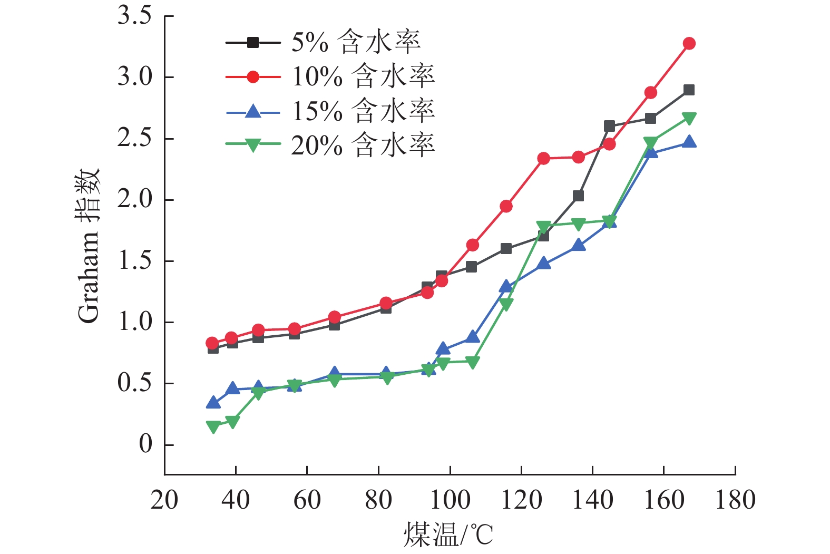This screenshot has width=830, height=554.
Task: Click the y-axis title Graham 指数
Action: click(88, 246)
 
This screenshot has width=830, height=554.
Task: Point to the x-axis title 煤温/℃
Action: click(448, 535)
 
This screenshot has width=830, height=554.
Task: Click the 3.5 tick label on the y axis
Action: click(134, 16)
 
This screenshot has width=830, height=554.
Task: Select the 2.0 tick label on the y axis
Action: click(134, 200)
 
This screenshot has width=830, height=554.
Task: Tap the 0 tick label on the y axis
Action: click(145, 444)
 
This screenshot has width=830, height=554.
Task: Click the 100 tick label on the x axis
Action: click(450, 500)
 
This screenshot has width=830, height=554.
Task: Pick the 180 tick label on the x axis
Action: click(735, 500)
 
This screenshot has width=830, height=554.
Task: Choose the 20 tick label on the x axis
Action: click(164, 500)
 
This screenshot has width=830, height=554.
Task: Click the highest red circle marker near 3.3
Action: click(689, 43)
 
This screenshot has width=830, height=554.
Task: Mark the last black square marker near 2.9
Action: click(689, 90)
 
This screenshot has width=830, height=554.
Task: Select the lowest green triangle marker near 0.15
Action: click(213, 426)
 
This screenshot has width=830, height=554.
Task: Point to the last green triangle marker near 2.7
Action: click(689, 118)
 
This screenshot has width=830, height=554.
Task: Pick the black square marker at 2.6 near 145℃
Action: click(609, 126)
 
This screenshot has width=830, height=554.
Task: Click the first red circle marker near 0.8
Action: click(212, 343)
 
